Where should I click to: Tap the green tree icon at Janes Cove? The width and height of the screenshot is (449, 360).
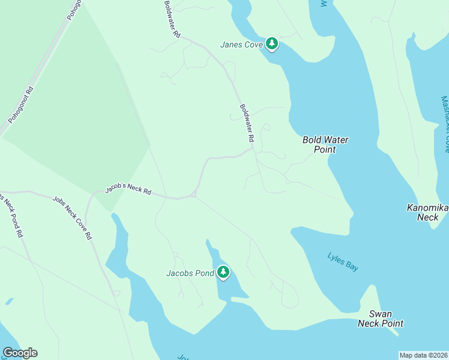pos(272,43)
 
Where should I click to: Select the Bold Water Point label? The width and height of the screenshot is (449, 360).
pos(325,145)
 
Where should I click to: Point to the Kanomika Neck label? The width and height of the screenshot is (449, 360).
pos(427,212)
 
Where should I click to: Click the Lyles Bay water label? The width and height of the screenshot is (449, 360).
pos(343,262)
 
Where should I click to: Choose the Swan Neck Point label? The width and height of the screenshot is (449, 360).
pos(380,319)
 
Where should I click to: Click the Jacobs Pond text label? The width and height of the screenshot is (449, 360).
pos(190,274)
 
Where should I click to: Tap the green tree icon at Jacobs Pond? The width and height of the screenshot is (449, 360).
pos(223,272)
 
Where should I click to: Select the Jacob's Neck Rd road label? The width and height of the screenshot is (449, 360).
pos(128,189)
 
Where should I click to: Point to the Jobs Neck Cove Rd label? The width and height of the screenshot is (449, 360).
pos(72,218)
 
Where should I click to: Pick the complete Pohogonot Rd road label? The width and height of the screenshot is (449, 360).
pos(21,104)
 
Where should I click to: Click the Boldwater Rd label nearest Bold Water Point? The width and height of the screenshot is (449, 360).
pos(247,124)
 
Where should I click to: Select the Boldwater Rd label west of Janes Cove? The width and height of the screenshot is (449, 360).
pos(172,20)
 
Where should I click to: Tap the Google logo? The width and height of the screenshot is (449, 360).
pos(20,353)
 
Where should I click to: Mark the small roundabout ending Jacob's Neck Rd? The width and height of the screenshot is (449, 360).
pos(194,194)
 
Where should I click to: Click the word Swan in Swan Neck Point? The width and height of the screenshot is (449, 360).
pos(380,314)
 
